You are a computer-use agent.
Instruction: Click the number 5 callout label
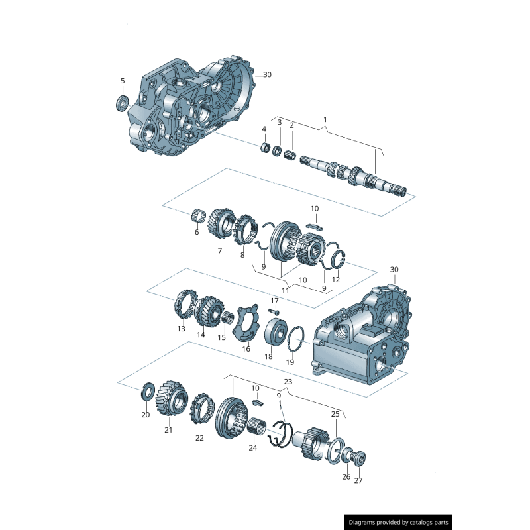[x=122, y=81]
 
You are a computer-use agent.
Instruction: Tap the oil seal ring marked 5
[x=121, y=102]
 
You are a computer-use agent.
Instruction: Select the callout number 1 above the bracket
[x=325, y=119]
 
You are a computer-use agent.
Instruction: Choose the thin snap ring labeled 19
[x=296, y=337]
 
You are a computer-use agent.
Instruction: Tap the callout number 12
[x=335, y=280]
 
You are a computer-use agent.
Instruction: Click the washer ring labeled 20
[x=146, y=392]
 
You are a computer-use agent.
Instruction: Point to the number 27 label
[x=358, y=481]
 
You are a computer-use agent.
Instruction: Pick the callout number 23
[x=288, y=382]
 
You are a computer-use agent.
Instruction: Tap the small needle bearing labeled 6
[x=195, y=215]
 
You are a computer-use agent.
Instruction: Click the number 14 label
[x=201, y=335]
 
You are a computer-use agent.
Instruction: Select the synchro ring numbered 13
[x=182, y=308]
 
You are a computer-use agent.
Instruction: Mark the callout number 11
[x=286, y=290]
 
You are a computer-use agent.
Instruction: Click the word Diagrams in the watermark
[x=366, y=522]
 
